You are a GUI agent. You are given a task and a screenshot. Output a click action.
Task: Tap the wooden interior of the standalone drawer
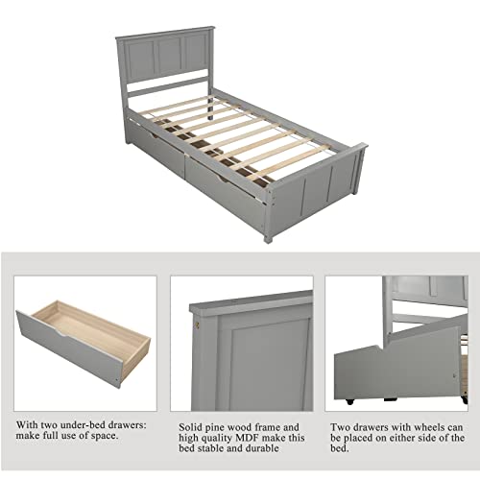click(x=96, y=322)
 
